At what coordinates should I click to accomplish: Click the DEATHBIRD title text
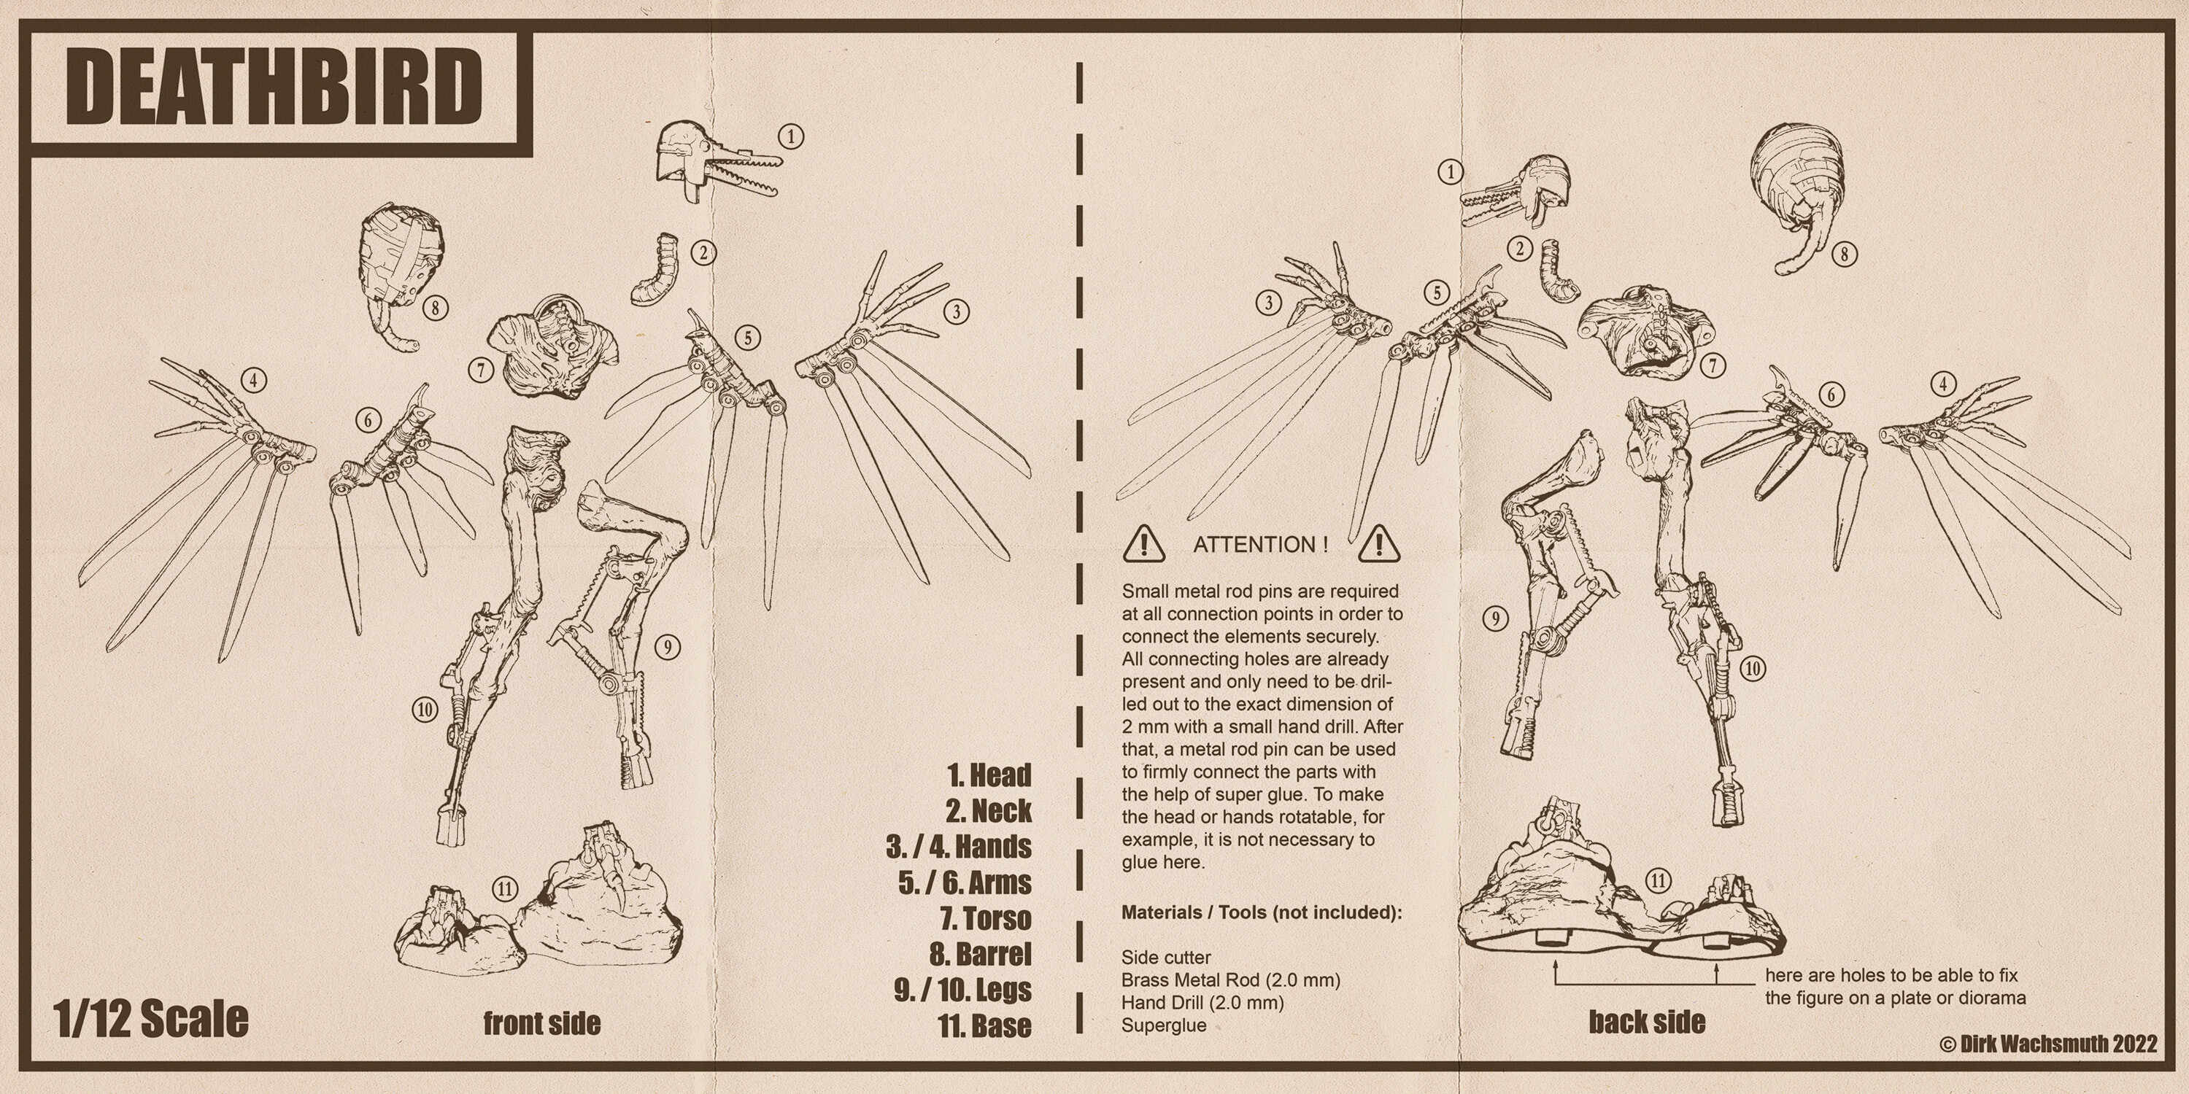pos(274,87)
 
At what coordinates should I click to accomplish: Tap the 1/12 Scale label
pos(150,1020)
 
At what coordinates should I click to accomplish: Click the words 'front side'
pos(541,1023)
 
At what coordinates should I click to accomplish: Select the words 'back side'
pos(1647,1022)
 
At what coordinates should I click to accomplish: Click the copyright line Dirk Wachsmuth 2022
pos(2049,1044)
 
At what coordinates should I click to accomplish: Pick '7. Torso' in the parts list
pos(985,918)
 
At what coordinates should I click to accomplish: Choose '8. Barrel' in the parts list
pos(980,954)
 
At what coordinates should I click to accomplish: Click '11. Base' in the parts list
pos(984,1025)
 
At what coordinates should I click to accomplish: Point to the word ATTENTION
pos(1259,545)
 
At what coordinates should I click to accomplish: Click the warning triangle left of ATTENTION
pos(1144,543)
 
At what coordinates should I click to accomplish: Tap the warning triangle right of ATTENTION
pos(1378,543)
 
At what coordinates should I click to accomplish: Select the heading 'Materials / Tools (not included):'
pos(1261,912)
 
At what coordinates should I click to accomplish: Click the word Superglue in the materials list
pos(1163,1025)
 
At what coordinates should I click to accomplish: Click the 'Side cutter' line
pos(1166,957)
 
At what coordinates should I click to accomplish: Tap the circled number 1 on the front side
pos(791,136)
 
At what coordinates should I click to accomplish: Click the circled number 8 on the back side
pos(1843,254)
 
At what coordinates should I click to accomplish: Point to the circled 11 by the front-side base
pos(505,889)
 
